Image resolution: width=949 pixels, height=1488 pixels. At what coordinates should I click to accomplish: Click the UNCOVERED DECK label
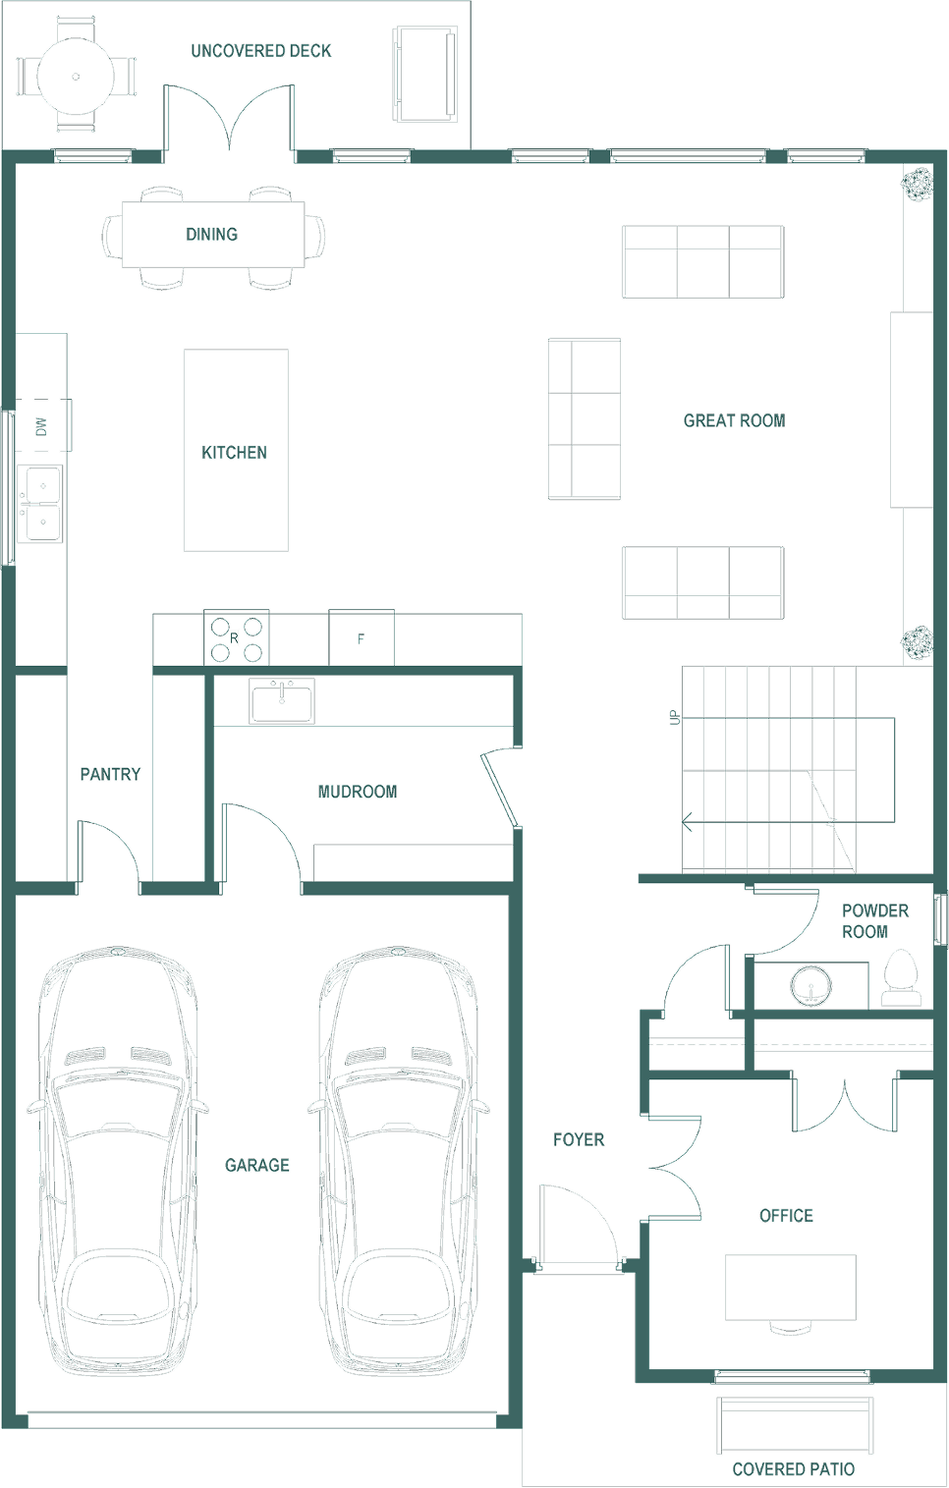click(261, 51)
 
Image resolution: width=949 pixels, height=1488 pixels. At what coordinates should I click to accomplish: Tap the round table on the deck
click(75, 77)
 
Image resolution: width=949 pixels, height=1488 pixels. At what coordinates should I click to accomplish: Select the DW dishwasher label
click(41, 426)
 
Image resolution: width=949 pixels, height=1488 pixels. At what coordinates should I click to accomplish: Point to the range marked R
click(237, 638)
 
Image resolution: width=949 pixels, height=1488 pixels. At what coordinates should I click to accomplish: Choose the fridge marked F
click(362, 638)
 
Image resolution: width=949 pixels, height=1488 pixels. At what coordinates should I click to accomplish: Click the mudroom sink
click(282, 700)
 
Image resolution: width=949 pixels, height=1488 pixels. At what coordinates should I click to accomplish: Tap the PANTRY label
click(110, 775)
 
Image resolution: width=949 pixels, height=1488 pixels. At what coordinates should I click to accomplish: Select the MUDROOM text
click(358, 792)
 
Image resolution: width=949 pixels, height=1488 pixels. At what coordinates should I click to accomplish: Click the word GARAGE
click(257, 1165)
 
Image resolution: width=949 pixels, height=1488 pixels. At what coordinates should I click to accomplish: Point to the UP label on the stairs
click(675, 717)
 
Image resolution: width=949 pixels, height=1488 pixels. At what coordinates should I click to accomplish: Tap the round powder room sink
click(810, 985)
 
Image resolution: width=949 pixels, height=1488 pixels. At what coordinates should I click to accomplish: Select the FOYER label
click(579, 1140)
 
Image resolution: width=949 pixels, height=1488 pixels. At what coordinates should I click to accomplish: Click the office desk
click(790, 1288)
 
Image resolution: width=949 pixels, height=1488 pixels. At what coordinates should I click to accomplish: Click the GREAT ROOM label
click(735, 420)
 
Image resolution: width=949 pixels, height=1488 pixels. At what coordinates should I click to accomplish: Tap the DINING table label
click(211, 235)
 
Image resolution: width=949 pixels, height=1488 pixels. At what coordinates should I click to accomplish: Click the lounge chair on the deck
click(425, 75)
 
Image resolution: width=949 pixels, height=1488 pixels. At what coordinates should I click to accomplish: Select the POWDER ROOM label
click(874, 921)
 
